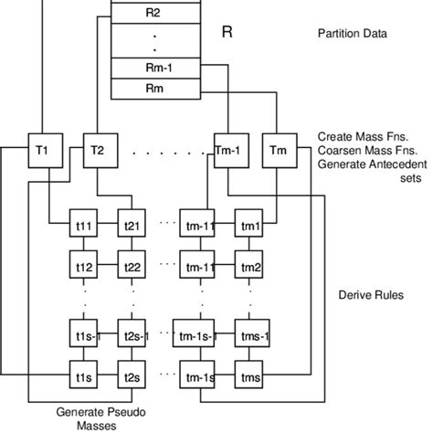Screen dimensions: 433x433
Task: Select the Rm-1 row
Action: click(x=153, y=69)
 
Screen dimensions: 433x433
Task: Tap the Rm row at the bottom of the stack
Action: click(x=153, y=88)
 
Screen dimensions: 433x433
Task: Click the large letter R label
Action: click(x=228, y=33)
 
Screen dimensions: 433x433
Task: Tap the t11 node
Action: click(x=84, y=224)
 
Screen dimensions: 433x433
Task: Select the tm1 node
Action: click(x=249, y=224)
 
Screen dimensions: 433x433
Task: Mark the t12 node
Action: click(x=84, y=267)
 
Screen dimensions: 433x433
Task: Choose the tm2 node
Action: click(x=249, y=267)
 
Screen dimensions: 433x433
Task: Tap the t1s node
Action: click(x=84, y=376)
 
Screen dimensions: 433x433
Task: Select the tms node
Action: click(x=249, y=376)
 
